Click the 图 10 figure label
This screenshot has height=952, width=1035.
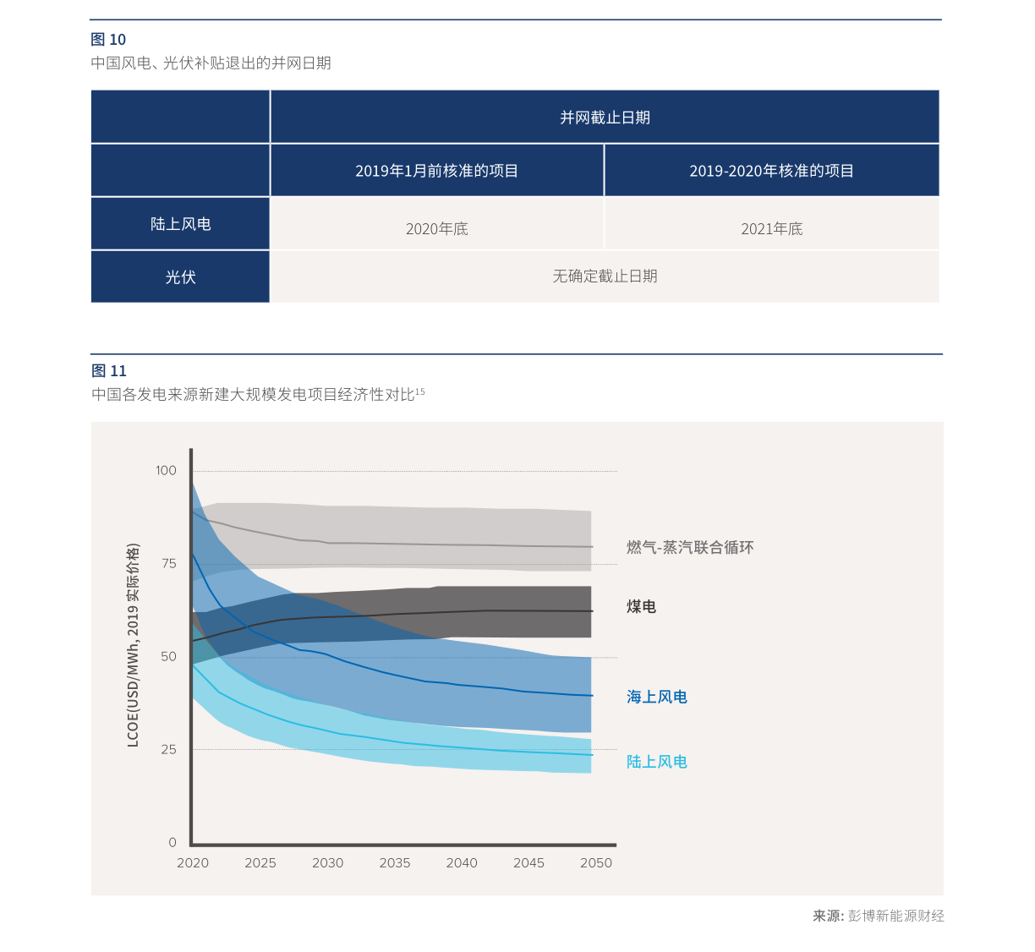[108, 40]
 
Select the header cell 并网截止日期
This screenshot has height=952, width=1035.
[605, 118]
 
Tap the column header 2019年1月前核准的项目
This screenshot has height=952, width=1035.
[436, 171]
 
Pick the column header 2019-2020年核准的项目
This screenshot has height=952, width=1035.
[771, 171]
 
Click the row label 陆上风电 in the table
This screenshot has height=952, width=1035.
[180, 224]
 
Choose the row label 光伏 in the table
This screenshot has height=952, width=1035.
[180, 277]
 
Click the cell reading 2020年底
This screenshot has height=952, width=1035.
[436, 229]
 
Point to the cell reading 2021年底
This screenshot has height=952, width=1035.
[771, 229]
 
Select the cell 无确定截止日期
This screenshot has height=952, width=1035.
[605, 276]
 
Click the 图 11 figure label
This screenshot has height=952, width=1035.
[108, 371]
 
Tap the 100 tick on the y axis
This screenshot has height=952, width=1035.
[166, 471]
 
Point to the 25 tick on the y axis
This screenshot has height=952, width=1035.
[169, 750]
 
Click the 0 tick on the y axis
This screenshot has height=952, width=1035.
[172, 843]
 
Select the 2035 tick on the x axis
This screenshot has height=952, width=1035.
[395, 863]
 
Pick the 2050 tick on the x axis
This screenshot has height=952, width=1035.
[596, 863]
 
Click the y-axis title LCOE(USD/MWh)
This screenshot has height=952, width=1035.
[133, 645]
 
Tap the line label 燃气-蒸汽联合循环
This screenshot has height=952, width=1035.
[690, 548]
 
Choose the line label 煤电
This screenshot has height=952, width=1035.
[641, 607]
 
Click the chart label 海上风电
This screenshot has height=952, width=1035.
[657, 698]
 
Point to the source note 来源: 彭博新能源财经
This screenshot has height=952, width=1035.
[879, 916]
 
